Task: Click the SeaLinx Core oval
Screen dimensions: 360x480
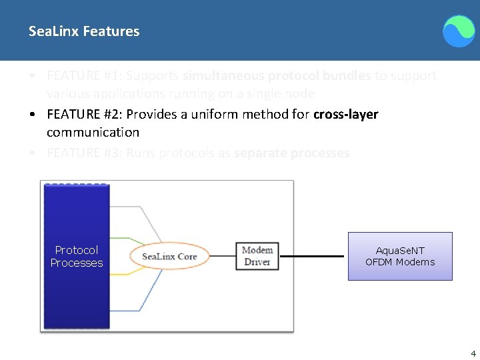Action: [x=169, y=257]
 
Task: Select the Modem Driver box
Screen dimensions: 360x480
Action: [x=257, y=256]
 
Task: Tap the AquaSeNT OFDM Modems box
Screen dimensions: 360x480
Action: [x=400, y=256]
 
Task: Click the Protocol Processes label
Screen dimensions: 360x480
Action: [x=77, y=256]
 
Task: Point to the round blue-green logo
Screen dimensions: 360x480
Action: [x=459, y=31]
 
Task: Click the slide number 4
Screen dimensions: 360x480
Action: [x=473, y=354]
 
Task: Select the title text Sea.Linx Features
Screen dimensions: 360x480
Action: [x=84, y=31]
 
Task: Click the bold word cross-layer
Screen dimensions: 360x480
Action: [x=345, y=114]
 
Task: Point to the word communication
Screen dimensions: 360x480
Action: [x=93, y=132]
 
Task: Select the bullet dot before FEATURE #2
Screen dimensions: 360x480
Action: [x=33, y=114]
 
